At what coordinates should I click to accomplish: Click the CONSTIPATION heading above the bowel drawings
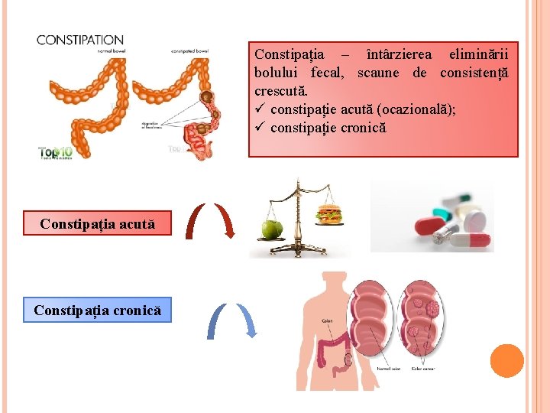point(80,40)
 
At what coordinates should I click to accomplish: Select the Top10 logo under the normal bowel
point(56,151)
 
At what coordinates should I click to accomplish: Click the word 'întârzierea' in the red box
point(398,54)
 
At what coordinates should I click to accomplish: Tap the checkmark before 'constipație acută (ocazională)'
point(260,109)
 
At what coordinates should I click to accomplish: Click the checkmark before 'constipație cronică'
point(260,127)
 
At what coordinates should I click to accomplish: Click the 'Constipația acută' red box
point(97,224)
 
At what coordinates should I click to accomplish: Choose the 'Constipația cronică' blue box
point(97,311)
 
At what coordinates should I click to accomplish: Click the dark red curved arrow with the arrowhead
point(225,222)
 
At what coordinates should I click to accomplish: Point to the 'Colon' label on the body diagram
point(326,320)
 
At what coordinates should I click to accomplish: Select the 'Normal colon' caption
point(388,369)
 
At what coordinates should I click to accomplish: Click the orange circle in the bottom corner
point(506,361)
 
